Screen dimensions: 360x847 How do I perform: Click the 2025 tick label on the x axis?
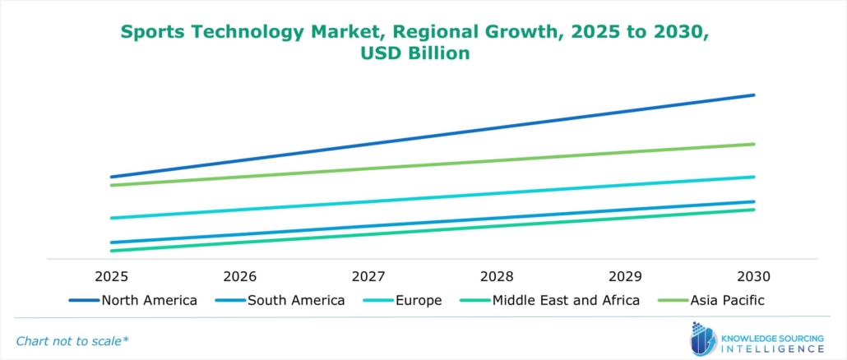pyautogui.click(x=111, y=275)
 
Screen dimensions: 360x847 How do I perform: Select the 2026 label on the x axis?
pyautogui.click(x=239, y=275)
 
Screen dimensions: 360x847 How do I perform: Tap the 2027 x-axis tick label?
pyautogui.click(x=368, y=275)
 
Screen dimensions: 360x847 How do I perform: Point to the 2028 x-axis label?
pyautogui.click(x=497, y=275)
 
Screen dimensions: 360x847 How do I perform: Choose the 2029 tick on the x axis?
pyautogui.click(x=625, y=275)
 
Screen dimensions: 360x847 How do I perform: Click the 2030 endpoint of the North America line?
pyautogui.click(x=754, y=95)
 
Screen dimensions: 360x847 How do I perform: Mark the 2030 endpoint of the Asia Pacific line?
pyautogui.click(x=754, y=145)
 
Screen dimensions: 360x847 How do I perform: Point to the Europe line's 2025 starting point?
pyautogui.click(x=111, y=218)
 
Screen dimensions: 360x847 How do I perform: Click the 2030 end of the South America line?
pyautogui.click(x=754, y=201)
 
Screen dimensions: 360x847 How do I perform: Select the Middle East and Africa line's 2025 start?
pyautogui.click(x=111, y=251)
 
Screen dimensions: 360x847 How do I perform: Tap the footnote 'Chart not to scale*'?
pyautogui.click(x=72, y=340)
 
